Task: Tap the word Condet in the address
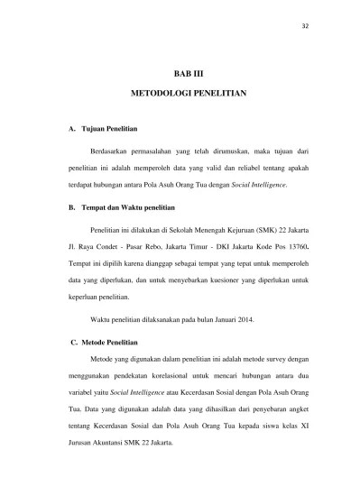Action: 98,246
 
